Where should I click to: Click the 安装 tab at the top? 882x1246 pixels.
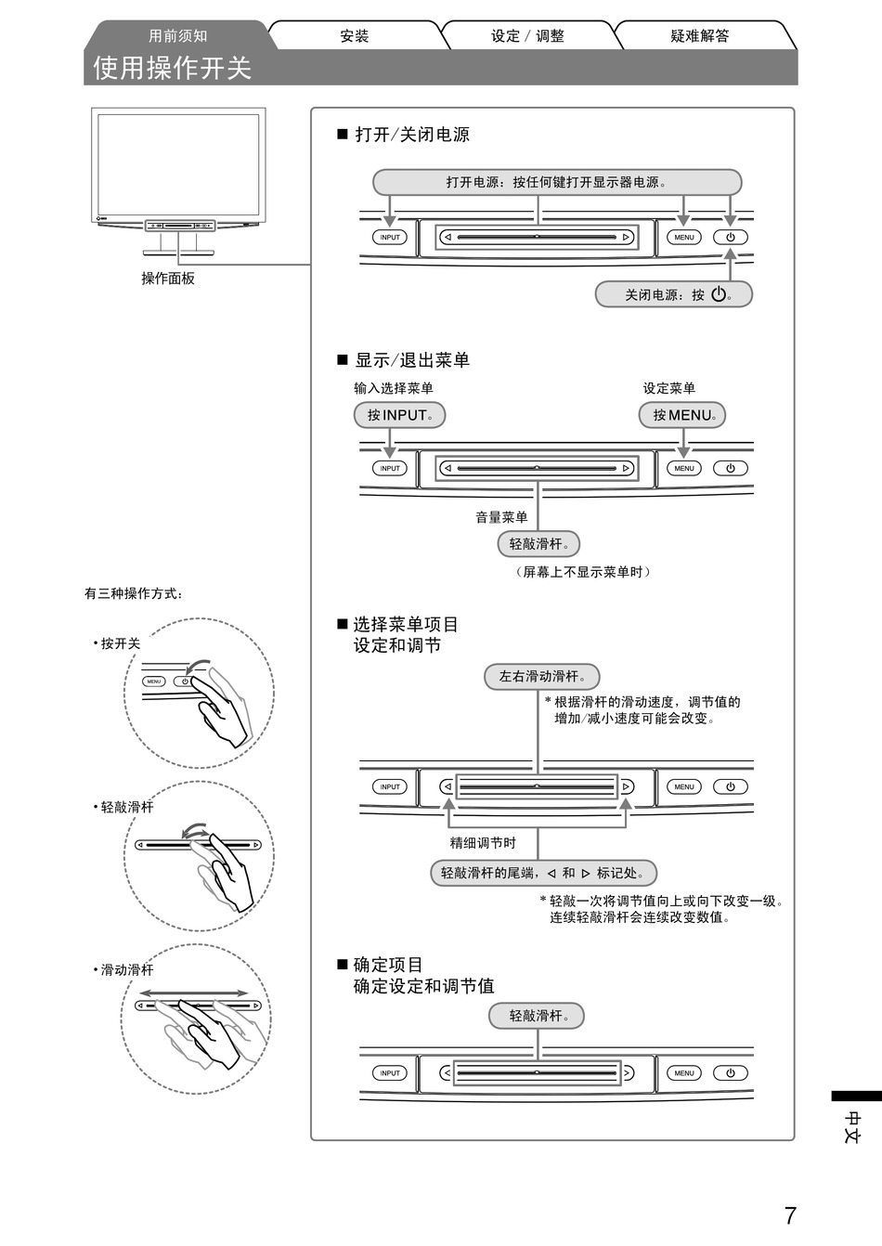coord(355,36)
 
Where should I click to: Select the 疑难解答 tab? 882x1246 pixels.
coord(700,36)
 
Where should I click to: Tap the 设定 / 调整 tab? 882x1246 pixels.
coord(527,36)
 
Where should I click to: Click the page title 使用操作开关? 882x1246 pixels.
coord(173,68)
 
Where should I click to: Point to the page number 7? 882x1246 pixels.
coord(790,1215)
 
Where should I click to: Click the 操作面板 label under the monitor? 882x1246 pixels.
coord(168,279)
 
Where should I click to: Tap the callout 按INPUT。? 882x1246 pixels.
coord(399,415)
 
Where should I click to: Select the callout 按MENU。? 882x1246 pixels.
coord(682,415)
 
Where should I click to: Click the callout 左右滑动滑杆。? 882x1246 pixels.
coord(541,677)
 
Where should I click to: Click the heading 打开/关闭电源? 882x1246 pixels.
coord(412,135)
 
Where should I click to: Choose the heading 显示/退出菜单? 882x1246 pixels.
coord(412,360)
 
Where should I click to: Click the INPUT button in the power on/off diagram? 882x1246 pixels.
coord(390,237)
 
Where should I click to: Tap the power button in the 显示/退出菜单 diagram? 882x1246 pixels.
coord(731,468)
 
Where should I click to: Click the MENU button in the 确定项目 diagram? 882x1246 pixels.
coord(684,1073)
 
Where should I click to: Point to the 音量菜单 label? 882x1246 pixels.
coord(501,517)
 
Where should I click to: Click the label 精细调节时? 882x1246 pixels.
coord(483,843)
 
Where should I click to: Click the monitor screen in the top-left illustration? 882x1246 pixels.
coord(178,164)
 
